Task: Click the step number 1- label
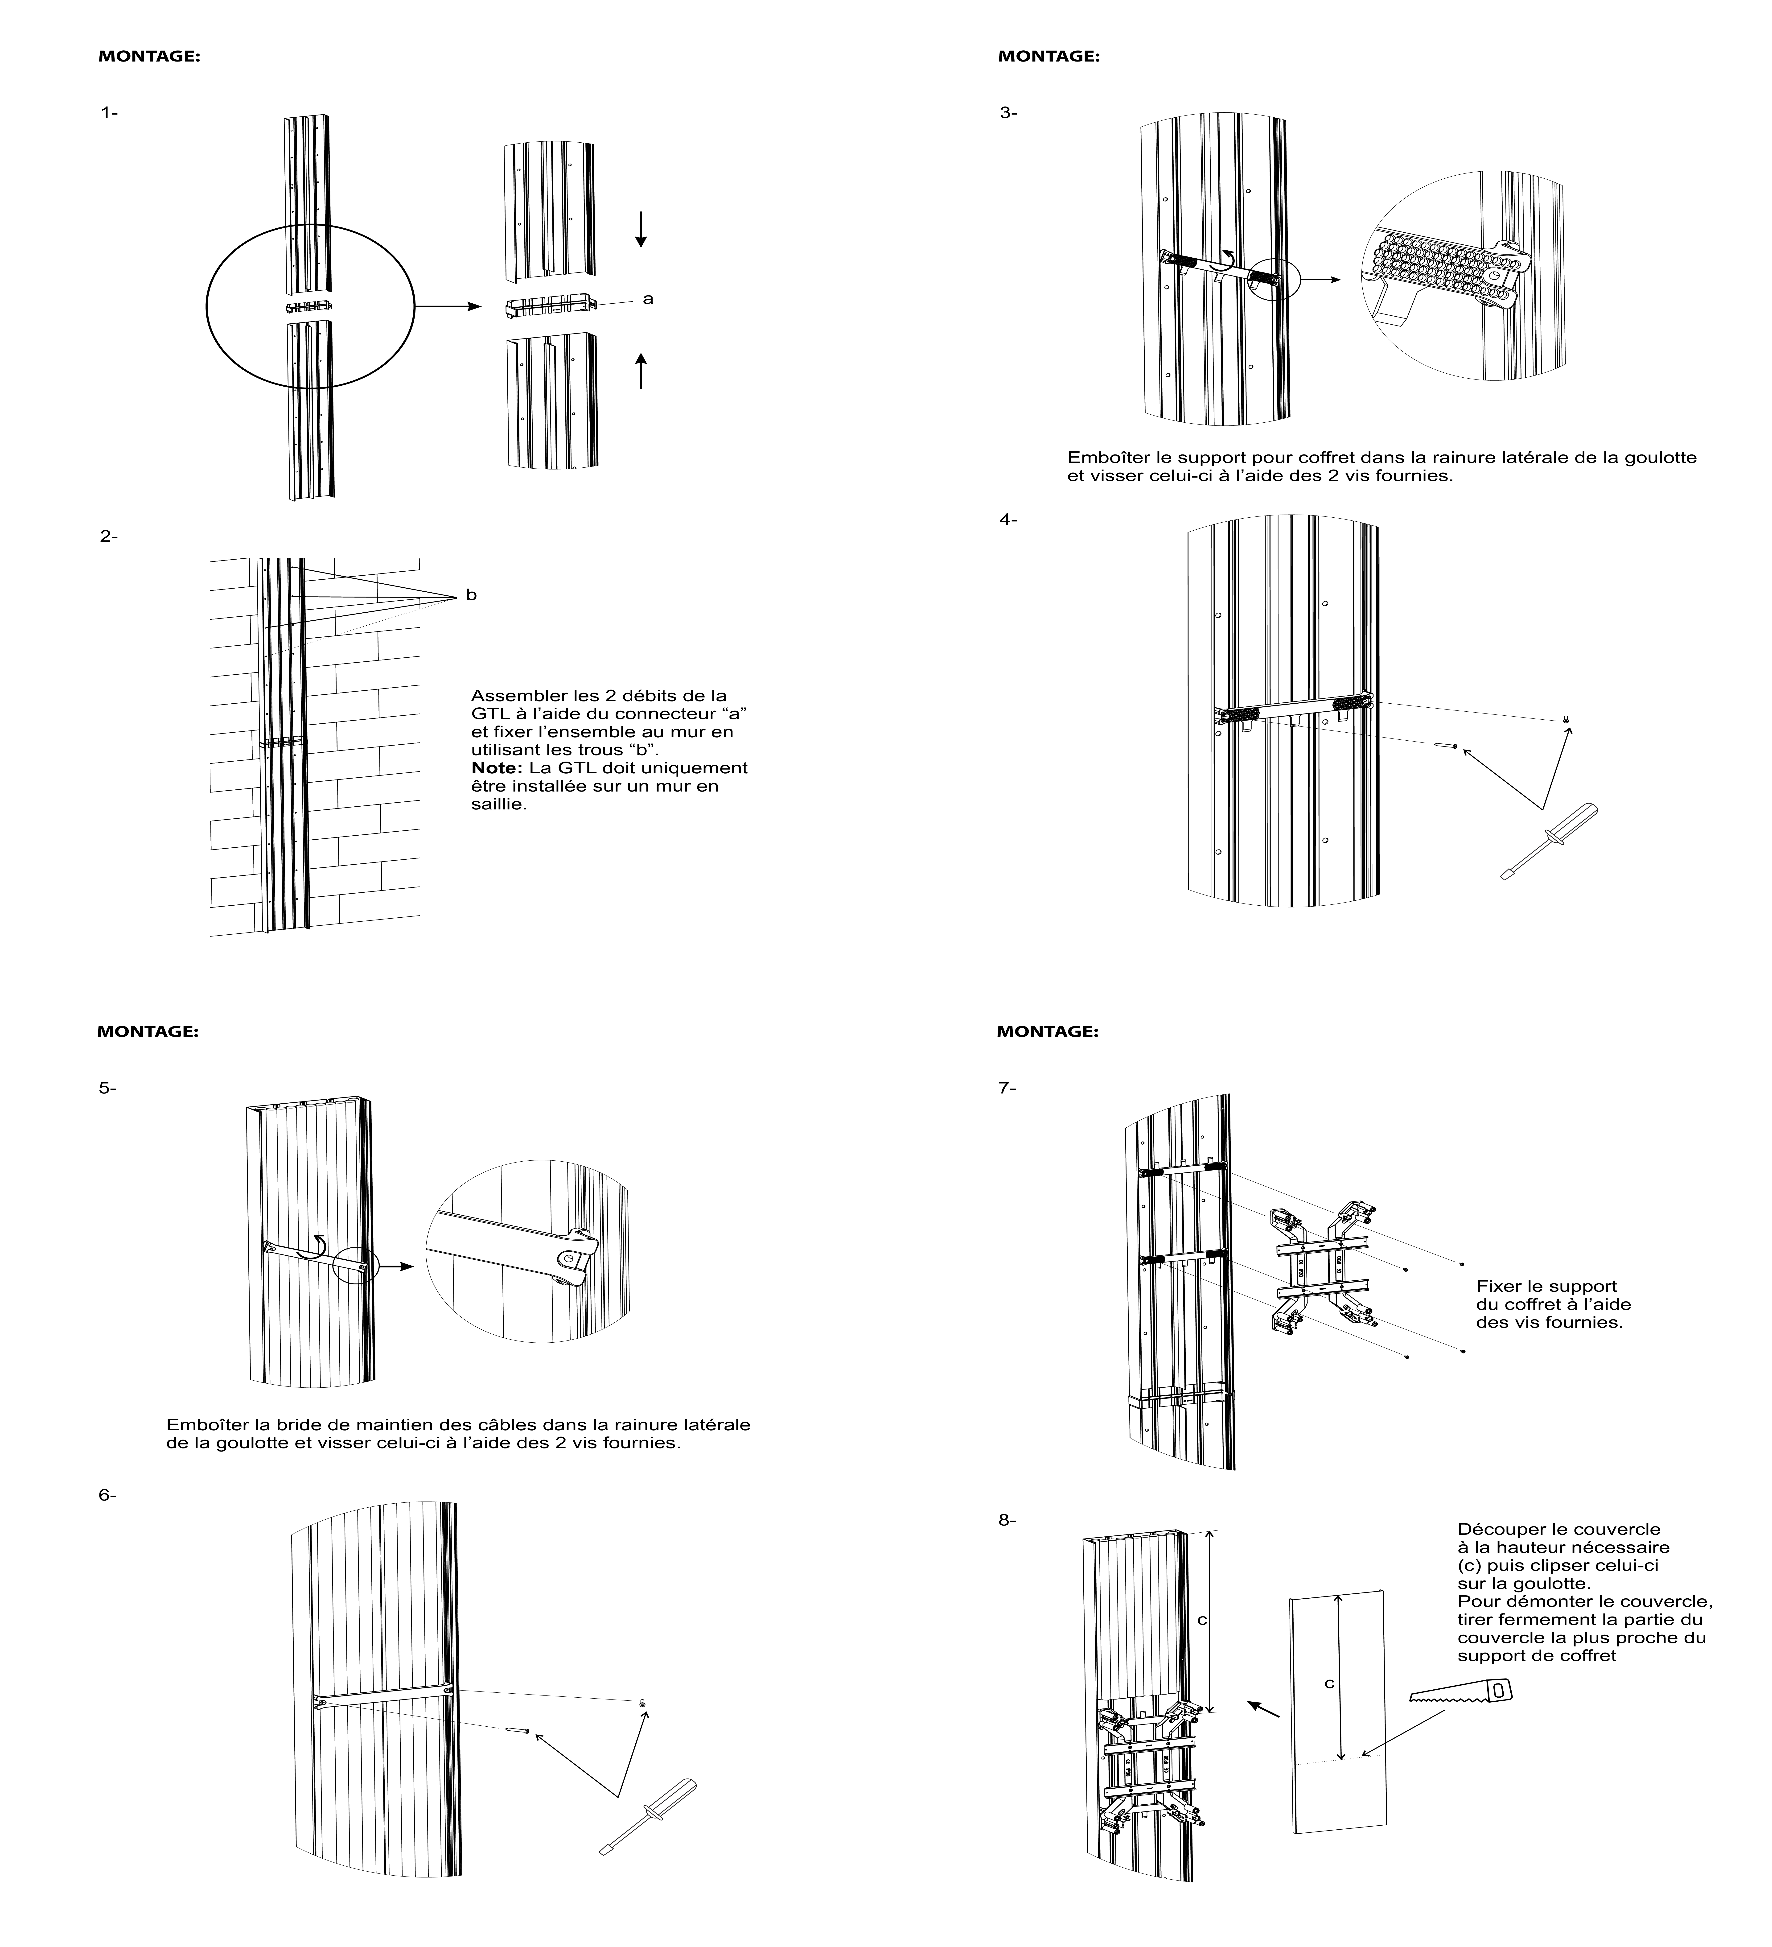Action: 109,113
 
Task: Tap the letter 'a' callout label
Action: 648,299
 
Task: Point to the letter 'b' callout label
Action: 471,595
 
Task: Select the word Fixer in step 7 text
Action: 1497,1287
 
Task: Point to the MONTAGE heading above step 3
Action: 1049,56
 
